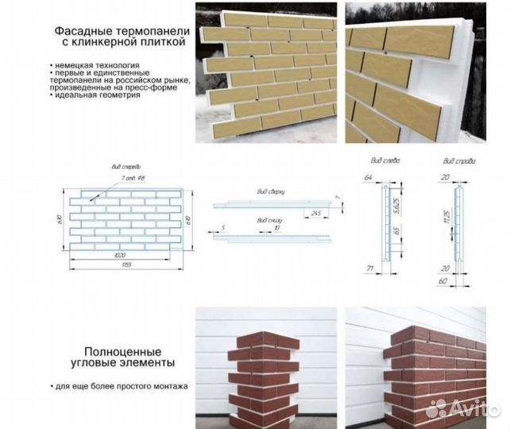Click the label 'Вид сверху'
click(x=271, y=191)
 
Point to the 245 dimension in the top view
click(x=316, y=213)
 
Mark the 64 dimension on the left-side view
click(x=368, y=176)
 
